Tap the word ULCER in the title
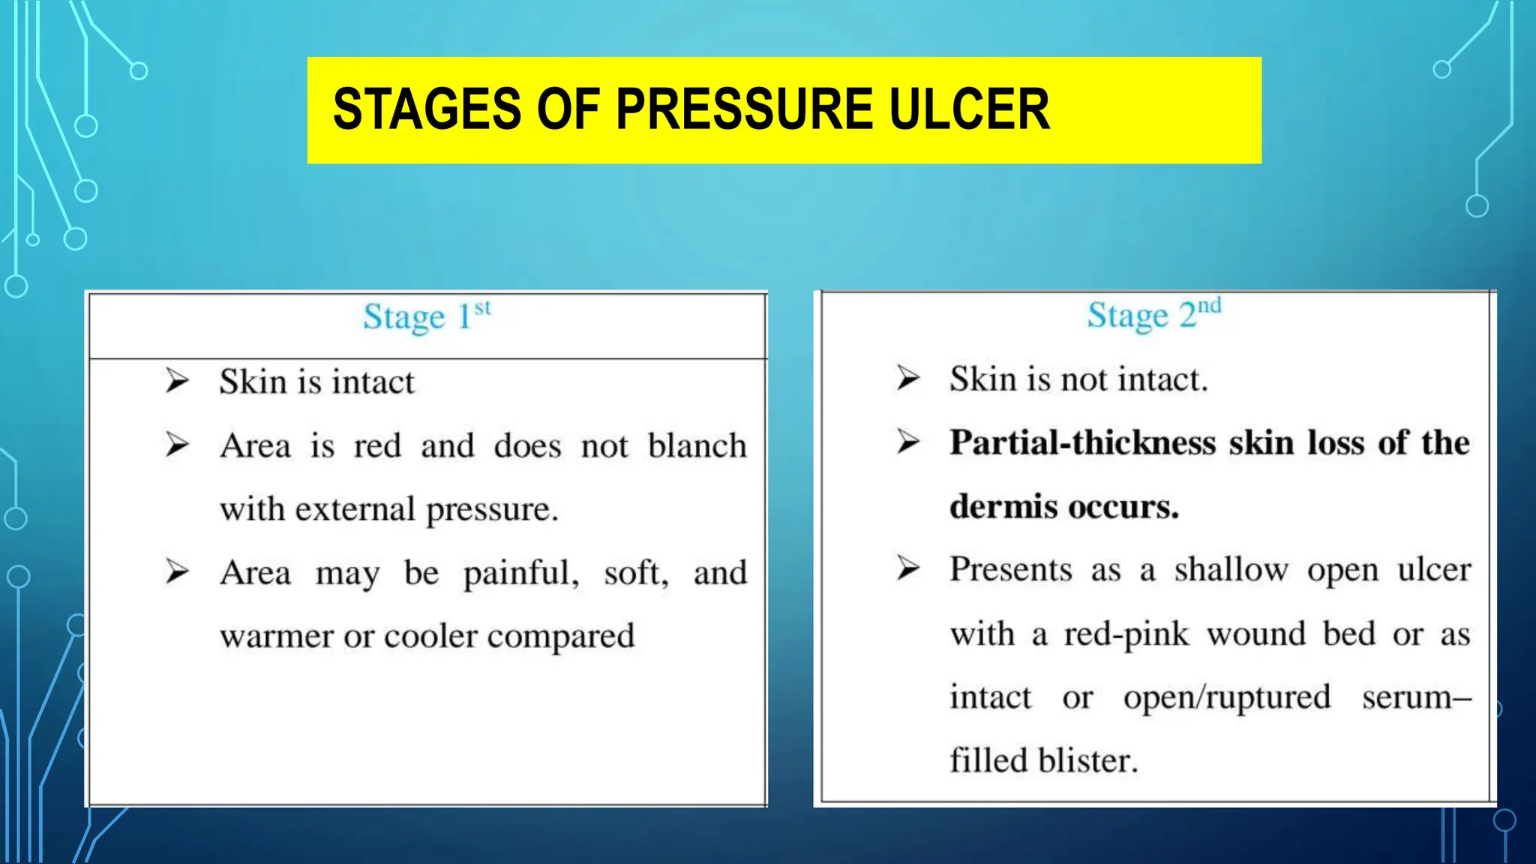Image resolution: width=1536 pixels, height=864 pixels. (x=968, y=109)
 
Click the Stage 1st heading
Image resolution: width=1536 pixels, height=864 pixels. (x=427, y=316)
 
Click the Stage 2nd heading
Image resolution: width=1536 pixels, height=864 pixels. (x=1153, y=314)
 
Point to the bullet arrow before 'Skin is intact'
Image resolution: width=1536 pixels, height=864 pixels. (x=177, y=381)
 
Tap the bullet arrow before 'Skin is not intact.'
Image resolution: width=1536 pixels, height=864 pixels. (x=907, y=378)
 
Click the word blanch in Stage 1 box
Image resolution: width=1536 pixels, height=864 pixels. (x=697, y=445)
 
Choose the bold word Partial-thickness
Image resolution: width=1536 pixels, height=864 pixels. (x=1082, y=442)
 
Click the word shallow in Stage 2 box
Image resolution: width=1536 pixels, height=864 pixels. (x=1231, y=570)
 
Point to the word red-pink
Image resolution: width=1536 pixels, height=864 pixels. (x=1126, y=634)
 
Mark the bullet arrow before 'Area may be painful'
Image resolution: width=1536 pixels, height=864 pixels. (x=177, y=572)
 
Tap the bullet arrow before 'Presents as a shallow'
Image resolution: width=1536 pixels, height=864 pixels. (x=907, y=568)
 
